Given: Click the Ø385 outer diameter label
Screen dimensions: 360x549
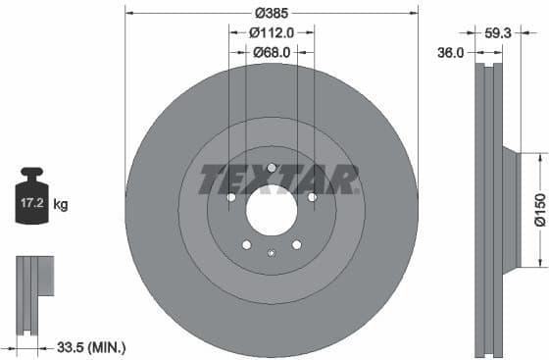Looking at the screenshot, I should (271, 14).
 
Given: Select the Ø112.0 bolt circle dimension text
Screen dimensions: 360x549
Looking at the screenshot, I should (271, 32).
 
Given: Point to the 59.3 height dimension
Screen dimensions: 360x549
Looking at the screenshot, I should (497, 32).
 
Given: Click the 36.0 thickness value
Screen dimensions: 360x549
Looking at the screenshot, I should (450, 54).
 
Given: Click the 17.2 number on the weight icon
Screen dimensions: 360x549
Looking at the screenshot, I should (30, 205).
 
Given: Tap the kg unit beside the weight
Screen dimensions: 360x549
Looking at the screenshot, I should (60, 205).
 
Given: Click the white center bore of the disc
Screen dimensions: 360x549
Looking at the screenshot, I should (272, 209).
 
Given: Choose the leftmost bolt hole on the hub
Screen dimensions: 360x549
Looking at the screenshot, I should (231, 197).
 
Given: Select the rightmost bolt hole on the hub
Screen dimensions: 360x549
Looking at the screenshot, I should (312, 197).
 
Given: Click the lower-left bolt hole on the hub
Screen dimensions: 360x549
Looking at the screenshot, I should (247, 244).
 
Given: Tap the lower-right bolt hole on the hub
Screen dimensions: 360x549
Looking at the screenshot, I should (296, 244).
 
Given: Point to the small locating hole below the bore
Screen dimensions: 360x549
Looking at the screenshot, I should (272, 253).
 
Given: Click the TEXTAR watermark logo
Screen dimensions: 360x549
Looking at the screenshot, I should (278, 180).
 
